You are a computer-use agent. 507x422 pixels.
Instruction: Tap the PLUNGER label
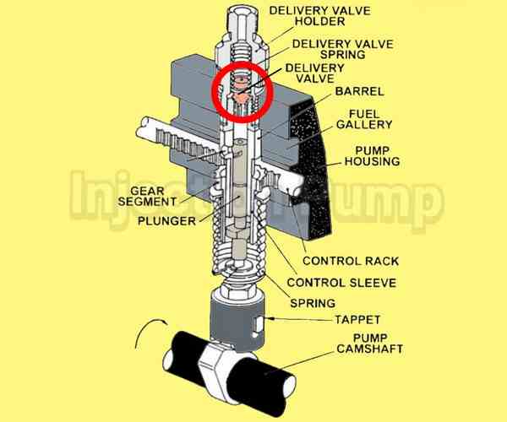(x=169, y=220)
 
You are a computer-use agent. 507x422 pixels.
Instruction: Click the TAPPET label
(x=331, y=322)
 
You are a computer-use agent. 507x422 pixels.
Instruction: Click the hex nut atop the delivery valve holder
(x=239, y=15)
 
